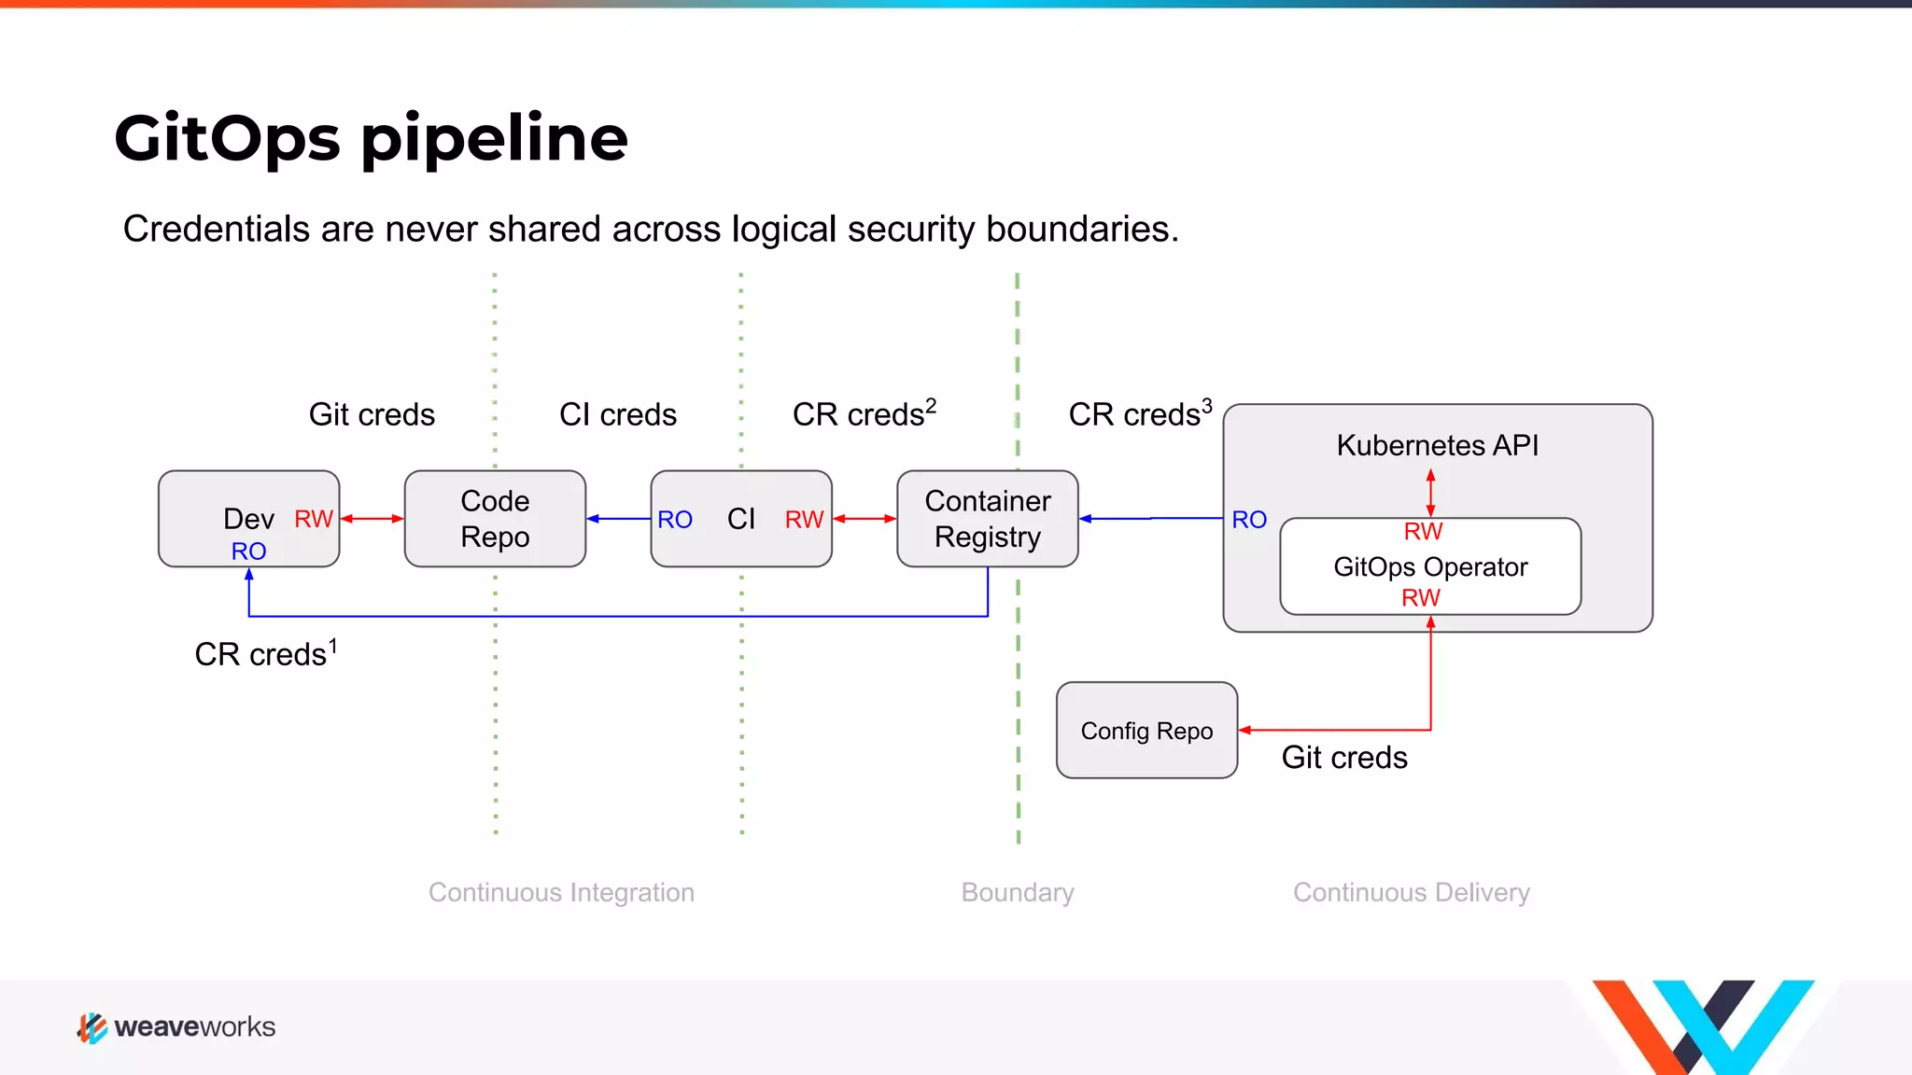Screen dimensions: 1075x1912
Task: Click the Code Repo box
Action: click(x=495, y=519)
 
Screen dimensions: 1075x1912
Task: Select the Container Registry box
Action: click(x=987, y=519)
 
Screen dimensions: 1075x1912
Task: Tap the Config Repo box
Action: click(x=1146, y=731)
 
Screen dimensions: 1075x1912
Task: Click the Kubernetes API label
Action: click(x=1437, y=445)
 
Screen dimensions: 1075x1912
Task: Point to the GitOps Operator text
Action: click(x=1430, y=566)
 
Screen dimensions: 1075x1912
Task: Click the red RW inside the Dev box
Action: click(x=314, y=519)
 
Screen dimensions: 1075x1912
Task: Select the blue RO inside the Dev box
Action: click(x=248, y=551)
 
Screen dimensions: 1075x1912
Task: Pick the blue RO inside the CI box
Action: click(x=674, y=520)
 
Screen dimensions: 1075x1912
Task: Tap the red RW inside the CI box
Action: click(x=804, y=520)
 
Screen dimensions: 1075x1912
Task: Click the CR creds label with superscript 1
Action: click(x=265, y=653)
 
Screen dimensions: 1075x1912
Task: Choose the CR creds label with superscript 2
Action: click(x=864, y=413)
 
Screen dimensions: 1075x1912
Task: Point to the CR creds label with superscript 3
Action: click(x=1140, y=413)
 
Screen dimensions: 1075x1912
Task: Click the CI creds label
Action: click(x=617, y=414)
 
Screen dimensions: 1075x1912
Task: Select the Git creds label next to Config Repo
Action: click(x=1343, y=757)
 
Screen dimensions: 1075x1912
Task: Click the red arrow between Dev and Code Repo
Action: click(x=372, y=519)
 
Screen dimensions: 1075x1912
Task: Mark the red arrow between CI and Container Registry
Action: click(x=864, y=519)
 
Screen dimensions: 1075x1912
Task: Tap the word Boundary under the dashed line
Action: click(x=1018, y=892)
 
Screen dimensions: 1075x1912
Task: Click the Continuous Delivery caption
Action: click(x=1411, y=892)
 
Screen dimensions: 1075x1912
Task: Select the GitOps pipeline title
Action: click(x=371, y=138)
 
